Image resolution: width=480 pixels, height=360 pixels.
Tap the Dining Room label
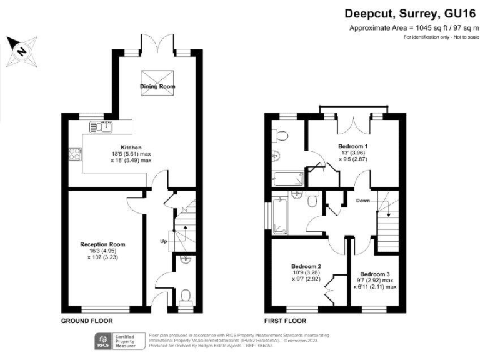click(x=156, y=86)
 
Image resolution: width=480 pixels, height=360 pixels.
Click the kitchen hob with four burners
click(x=76, y=153)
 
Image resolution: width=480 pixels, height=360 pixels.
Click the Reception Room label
click(x=102, y=244)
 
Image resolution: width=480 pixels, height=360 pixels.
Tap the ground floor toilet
click(x=186, y=296)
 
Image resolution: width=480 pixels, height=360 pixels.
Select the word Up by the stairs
click(x=164, y=241)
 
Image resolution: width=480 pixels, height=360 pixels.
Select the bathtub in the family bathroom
click(x=279, y=212)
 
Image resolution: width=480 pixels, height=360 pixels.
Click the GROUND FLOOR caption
click(x=86, y=321)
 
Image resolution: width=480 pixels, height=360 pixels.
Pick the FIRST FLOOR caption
click(x=286, y=321)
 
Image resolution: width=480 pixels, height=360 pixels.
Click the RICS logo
click(x=102, y=341)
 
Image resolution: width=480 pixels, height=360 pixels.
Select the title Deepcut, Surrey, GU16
click(x=411, y=13)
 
